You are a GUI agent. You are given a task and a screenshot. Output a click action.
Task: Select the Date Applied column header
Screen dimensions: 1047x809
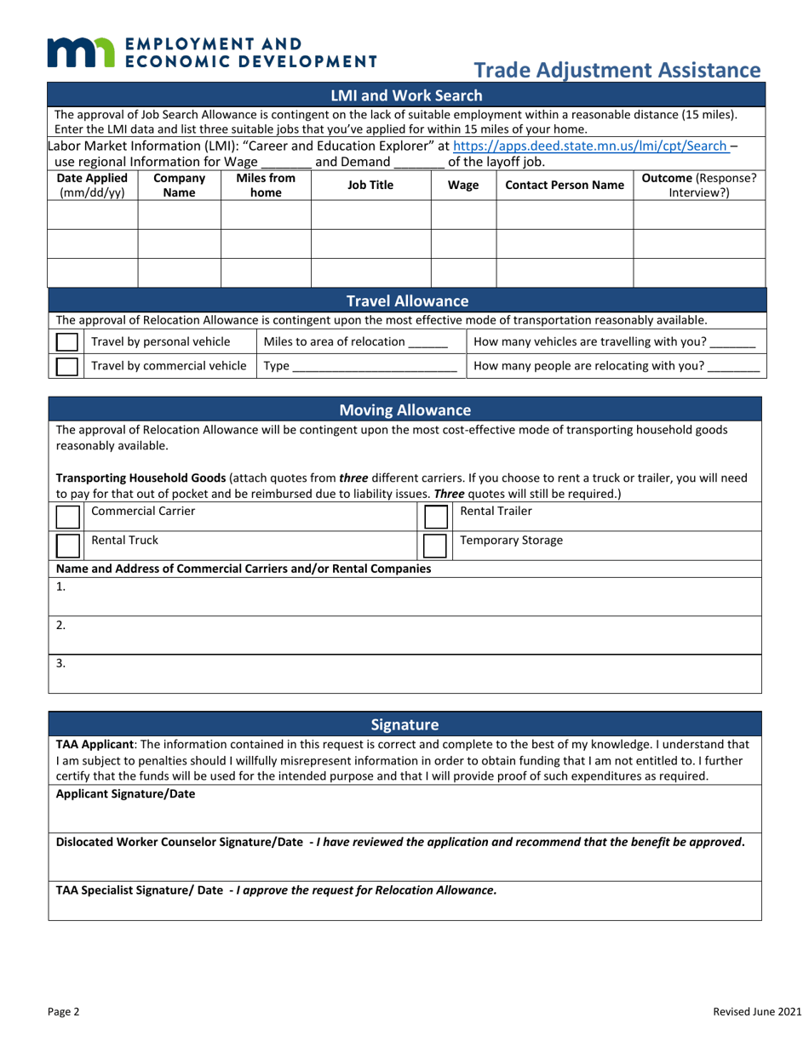coord(92,185)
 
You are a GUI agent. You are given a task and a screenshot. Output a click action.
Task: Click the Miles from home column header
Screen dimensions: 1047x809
coord(265,185)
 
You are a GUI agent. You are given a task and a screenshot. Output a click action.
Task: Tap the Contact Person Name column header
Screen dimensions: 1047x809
coord(564,185)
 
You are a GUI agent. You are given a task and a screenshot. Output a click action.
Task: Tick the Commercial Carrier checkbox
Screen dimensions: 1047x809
coord(67,516)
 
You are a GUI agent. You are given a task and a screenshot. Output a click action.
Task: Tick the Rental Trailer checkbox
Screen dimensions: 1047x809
coord(435,516)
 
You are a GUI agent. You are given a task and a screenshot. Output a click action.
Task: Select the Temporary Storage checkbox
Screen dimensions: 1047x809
coord(435,545)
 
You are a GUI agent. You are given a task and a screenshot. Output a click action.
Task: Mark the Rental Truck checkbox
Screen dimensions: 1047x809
coord(67,545)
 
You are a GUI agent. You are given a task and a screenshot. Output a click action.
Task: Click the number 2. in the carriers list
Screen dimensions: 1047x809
coord(60,625)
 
